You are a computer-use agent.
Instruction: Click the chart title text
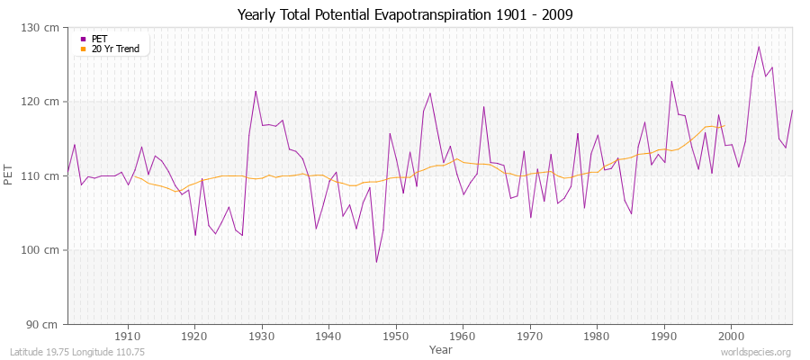tap(405, 15)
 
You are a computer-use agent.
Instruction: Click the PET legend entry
tap(99, 39)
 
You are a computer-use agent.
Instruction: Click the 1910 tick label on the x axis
tap(128, 336)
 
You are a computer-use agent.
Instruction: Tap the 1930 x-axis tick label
tap(262, 336)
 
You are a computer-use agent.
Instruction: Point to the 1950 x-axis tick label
tap(396, 336)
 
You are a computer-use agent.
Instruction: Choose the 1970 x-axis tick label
tap(530, 336)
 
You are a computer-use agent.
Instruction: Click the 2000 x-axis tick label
tap(731, 336)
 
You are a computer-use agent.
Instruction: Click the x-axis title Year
tap(441, 348)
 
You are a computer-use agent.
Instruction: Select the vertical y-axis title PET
tap(9, 175)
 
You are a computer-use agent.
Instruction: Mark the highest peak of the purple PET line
tap(759, 47)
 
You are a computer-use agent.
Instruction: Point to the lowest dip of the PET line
tap(376, 262)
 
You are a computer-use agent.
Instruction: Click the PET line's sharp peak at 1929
tap(256, 91)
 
